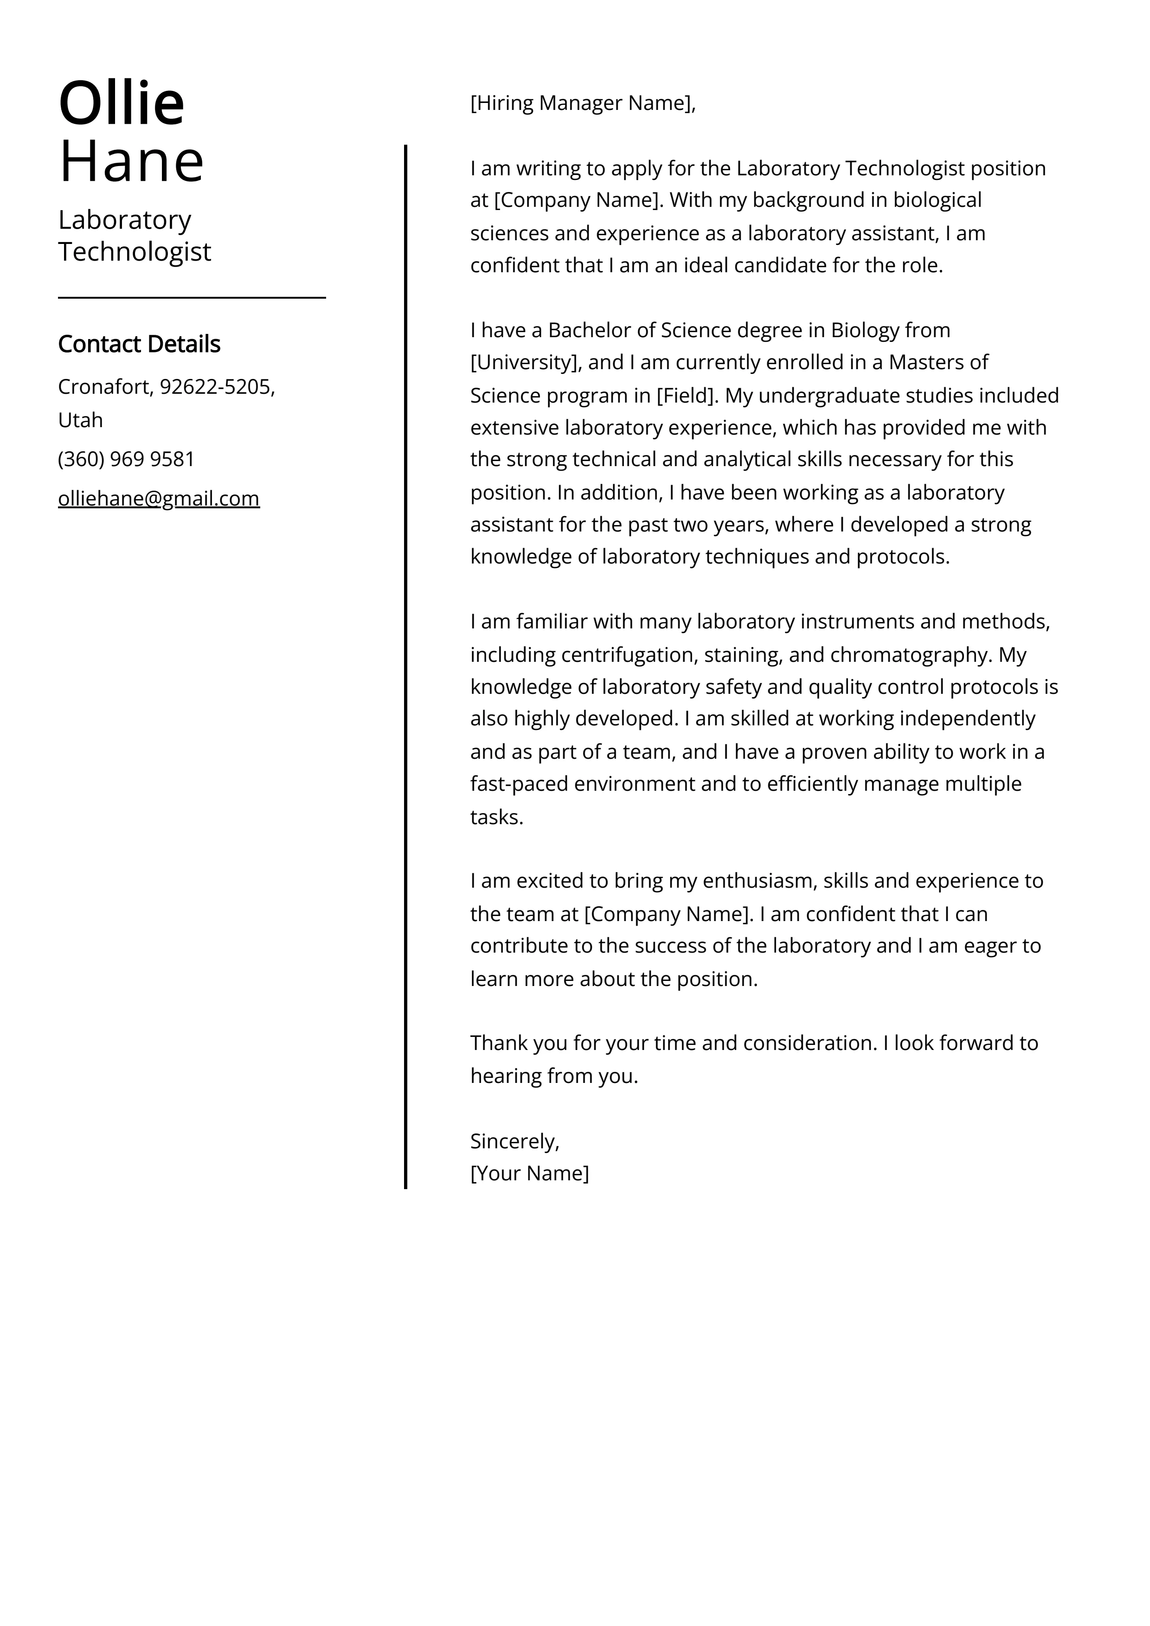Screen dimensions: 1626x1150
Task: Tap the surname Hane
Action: pyautogui.click(x=132, y=161)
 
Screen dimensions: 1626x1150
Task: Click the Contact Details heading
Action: pyautogui.click(x=139, y=344)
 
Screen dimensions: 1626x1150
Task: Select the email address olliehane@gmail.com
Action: pyautogui.click(x=159, y=499)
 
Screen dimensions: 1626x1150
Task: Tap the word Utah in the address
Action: pyautogui.click(x=80, y=420)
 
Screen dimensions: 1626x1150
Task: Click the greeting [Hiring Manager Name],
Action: pyautogui.click(x=583, y=103)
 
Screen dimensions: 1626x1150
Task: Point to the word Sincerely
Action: pyautogui.click(x=513, y=1141)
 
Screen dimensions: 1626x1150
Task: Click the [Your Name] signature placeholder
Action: pyautogui.click(x=529, y=1173)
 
